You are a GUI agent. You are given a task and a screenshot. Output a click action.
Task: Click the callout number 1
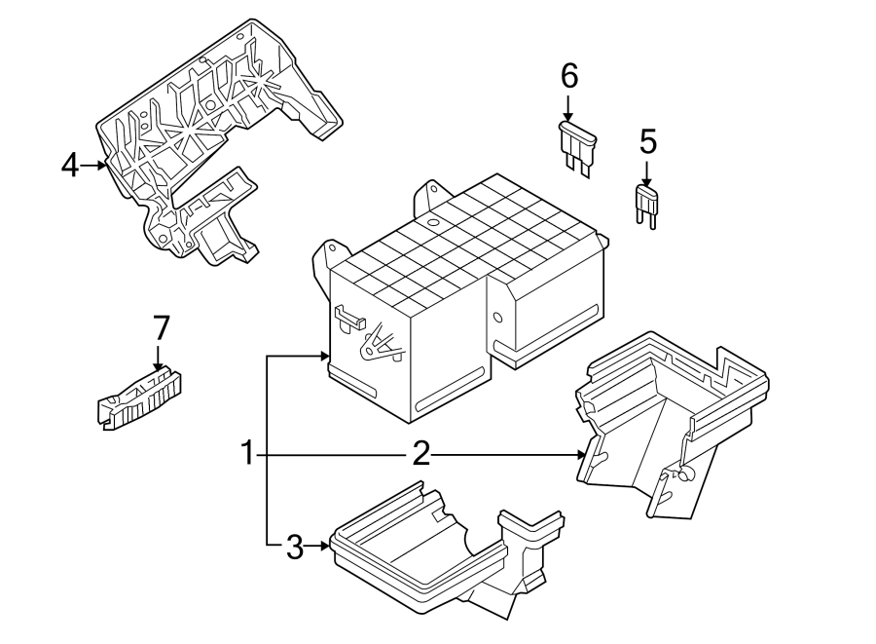(x=248, y=454)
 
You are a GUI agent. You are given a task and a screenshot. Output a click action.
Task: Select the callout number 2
(x=420, y=454)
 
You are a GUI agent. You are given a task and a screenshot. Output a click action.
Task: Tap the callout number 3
(x=295, y=548)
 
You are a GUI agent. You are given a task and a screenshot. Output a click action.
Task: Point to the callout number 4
(x=69, y=166)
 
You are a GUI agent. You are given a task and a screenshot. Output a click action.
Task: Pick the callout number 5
(x=648, y=142)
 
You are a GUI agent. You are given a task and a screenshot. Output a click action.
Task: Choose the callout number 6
(x=569, y=75)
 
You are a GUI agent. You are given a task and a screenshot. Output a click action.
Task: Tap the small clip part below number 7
(x=142, y=398)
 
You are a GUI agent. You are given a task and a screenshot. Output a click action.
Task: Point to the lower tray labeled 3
(x=428, y=555)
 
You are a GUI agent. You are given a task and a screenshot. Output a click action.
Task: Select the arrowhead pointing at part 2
(x=581, y=454)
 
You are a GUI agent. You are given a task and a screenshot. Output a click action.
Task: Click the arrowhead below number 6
(x=568, y=118)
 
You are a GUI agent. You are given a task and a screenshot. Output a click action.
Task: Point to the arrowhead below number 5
(x=646, y=182)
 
